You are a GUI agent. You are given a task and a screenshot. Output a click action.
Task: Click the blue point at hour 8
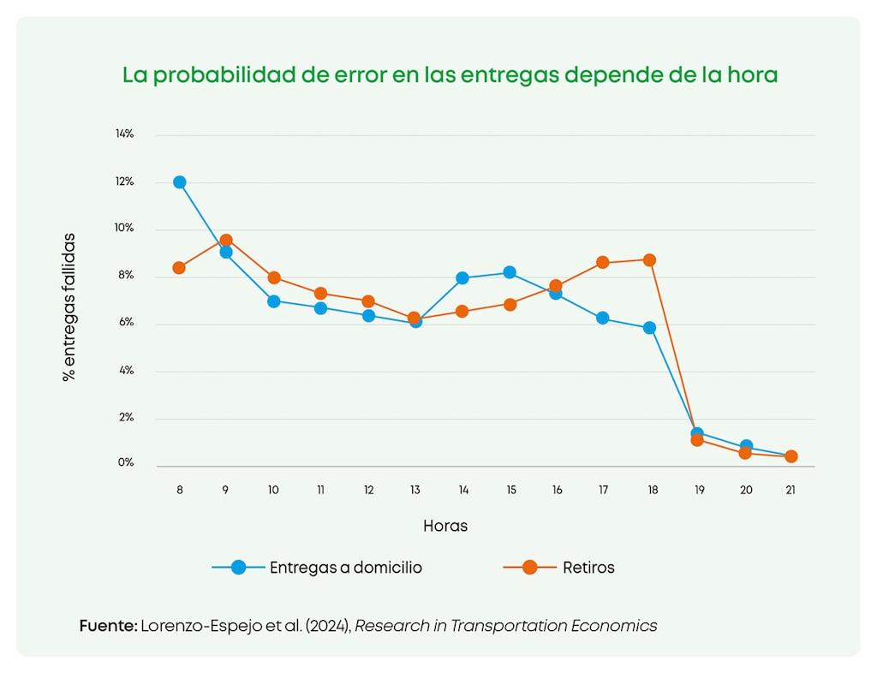180,182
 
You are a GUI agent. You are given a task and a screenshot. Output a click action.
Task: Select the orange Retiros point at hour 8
179,268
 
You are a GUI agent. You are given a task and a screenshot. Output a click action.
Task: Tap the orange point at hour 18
649,260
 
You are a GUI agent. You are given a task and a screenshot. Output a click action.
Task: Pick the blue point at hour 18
649,328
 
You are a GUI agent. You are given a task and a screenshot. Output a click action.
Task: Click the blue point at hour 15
510,272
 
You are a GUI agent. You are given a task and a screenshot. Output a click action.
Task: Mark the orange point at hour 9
226,241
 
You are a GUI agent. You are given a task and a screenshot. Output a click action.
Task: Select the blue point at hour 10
273,301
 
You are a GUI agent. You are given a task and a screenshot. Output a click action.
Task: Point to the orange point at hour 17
602,262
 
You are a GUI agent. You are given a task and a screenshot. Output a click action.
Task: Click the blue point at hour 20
746,446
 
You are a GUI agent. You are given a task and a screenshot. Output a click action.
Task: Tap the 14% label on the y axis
125,134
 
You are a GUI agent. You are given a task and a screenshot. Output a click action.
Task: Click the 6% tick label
126,322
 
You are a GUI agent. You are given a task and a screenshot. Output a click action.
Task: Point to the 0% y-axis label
126,462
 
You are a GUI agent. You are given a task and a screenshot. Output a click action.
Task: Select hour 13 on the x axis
415,491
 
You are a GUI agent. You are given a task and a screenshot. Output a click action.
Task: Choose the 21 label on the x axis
790,491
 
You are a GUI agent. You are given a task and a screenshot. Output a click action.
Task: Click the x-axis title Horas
445,526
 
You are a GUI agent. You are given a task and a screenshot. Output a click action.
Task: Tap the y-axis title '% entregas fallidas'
69,307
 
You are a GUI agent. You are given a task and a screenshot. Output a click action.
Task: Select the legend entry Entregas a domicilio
346,568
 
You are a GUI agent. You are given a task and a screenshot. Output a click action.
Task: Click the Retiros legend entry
588,568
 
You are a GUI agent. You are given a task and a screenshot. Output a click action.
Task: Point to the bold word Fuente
108,626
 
